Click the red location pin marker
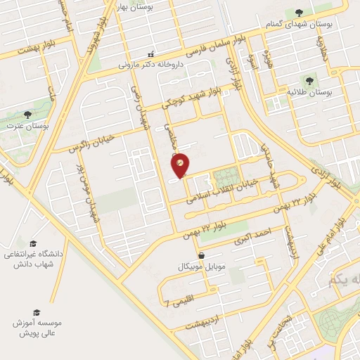(181, 165)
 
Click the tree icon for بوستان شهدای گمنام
(300, 12)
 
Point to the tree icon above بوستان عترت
(28, 114)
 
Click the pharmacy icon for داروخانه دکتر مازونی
(150, 55)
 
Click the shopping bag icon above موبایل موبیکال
(202, 255)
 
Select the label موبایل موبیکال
(202, 267)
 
